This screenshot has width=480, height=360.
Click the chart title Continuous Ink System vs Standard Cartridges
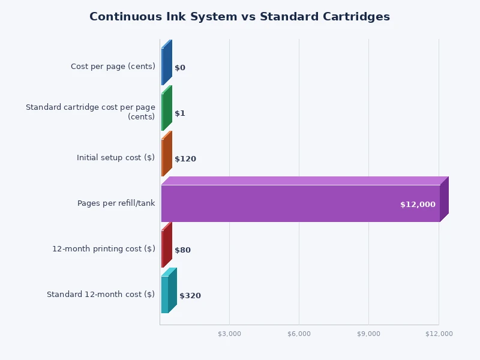(x=239, y=17)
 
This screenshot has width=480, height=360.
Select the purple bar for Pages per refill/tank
(x=300, y=203)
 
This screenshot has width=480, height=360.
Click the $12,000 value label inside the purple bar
(x=418, y=205)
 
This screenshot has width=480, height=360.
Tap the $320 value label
(x=190, y=296)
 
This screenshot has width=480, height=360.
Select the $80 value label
(x=182, y=250)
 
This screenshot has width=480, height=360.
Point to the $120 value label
(x=185, y=159)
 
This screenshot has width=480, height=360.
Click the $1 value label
(x=180, y=113)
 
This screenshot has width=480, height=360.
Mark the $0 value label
(x=180, y=68)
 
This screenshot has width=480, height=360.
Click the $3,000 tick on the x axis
(x=229, y=334)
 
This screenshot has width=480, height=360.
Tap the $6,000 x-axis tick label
(x=299, y=334)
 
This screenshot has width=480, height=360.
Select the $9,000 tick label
(x=368, y=334)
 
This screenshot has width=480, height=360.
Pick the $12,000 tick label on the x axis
(x=439, y=334)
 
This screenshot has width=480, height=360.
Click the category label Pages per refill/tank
(x=116, y=203)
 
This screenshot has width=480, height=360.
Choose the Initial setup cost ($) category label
(x=116, y=158)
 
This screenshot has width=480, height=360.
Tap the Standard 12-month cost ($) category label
(x=101, y=295)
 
